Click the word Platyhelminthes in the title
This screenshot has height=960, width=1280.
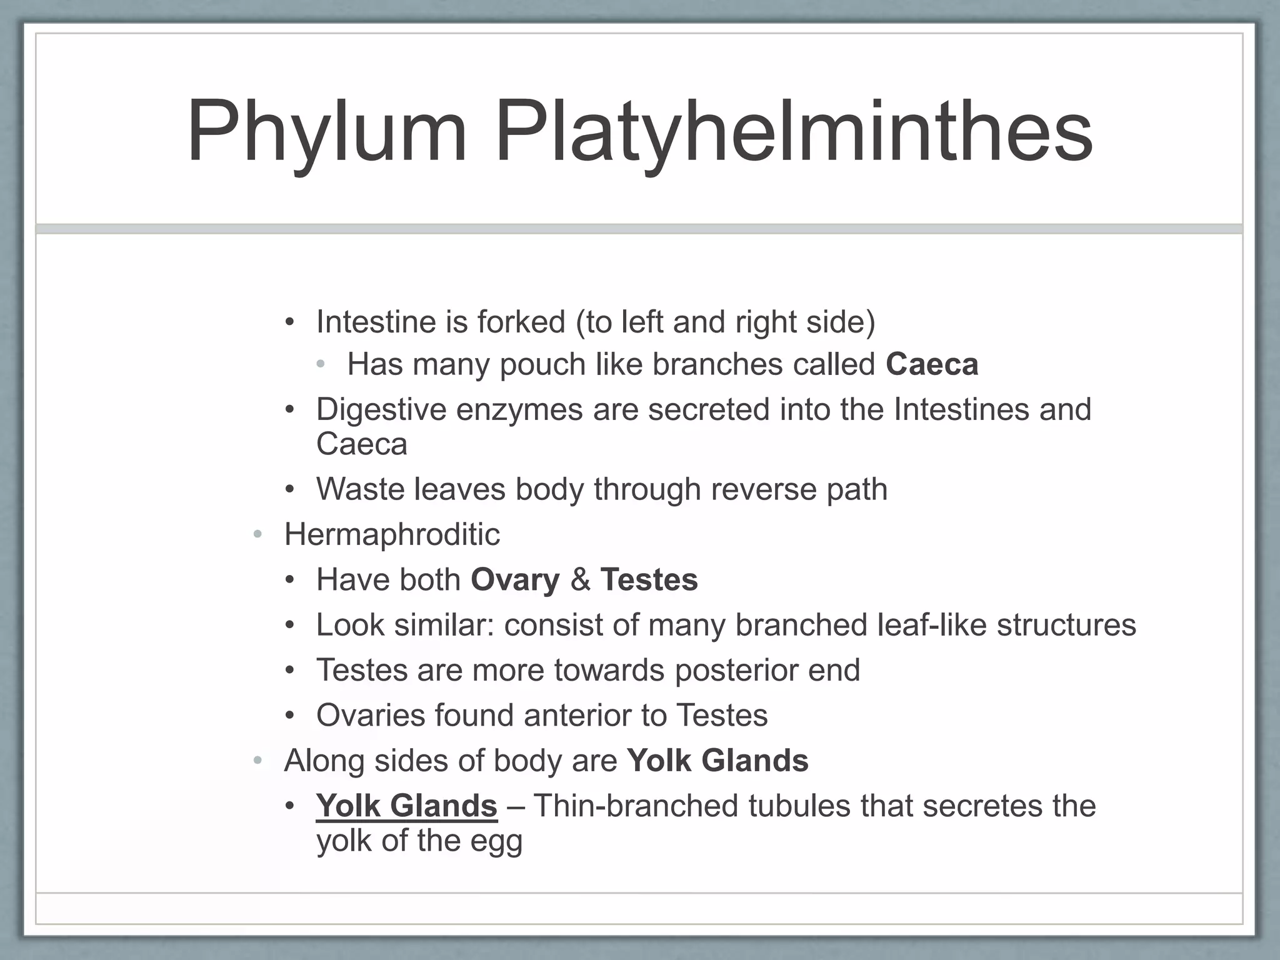pyautogui.click(x=793, y=132)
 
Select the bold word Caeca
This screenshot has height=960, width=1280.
pyautogui.click(x=931, y=364)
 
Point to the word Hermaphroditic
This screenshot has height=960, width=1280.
pyautogui.click(x=392, y=535)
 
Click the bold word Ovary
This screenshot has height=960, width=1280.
pyautogui.click(x=515, y=580)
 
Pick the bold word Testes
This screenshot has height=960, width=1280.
pyautogui.click(x=649, y=580)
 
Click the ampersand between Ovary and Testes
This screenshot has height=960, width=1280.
pyautogui.click(x=580, y=580)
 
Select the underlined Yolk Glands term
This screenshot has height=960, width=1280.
pyautogui.click(x=406, y=806)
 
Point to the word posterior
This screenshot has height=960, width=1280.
pyautogui.click(x=736, y=671)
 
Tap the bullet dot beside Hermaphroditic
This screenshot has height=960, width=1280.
pyautogui.click(x=257, y=535)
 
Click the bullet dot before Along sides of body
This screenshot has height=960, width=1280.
pyautogui.click(x=257, y=761)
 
